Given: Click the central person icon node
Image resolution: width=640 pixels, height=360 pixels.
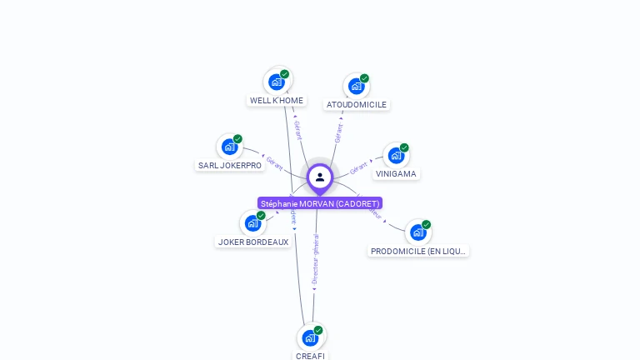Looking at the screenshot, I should click(x=320, y=177).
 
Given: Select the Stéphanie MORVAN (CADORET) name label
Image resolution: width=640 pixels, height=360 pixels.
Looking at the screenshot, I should click(x=320, y=203).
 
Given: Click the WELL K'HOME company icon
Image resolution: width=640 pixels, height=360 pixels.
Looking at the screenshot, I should click(x=277, y=82).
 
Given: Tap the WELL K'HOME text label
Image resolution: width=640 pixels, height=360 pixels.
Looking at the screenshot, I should click(x=277, y=101).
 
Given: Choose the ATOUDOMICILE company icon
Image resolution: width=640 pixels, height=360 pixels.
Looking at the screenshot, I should click(x=357, y=86).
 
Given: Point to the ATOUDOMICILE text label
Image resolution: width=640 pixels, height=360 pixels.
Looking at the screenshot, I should click(x=357, y=105).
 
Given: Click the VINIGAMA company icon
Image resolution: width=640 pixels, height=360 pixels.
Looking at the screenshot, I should click(x=396, y=155).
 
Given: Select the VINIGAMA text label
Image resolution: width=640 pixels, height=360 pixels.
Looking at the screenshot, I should click(x=396, y=174).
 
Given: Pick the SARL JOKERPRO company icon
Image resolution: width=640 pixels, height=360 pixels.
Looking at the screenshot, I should click(x=230, y=147).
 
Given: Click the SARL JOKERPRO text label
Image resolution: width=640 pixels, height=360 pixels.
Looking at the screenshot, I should click(x=230, y=166).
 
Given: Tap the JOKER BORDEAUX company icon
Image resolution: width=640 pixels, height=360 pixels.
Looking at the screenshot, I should click(x=253, y=223).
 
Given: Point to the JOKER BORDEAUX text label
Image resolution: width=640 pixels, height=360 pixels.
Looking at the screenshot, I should click(x=253, y=242).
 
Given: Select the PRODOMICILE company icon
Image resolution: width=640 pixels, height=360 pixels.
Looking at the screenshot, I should click(x=418, y=232).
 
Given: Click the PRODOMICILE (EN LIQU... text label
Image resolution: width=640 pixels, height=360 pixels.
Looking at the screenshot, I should click(x=419, y=251).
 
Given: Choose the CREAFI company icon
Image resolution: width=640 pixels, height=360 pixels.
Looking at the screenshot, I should click(x=310, y=337).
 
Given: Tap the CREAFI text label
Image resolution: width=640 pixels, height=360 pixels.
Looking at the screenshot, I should click(x=310, y=356).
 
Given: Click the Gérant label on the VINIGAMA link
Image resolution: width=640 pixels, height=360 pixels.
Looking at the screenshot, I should click(x=359, y=167).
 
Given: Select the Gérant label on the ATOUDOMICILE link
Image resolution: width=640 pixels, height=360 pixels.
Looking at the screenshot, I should click(x=338, y=132).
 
